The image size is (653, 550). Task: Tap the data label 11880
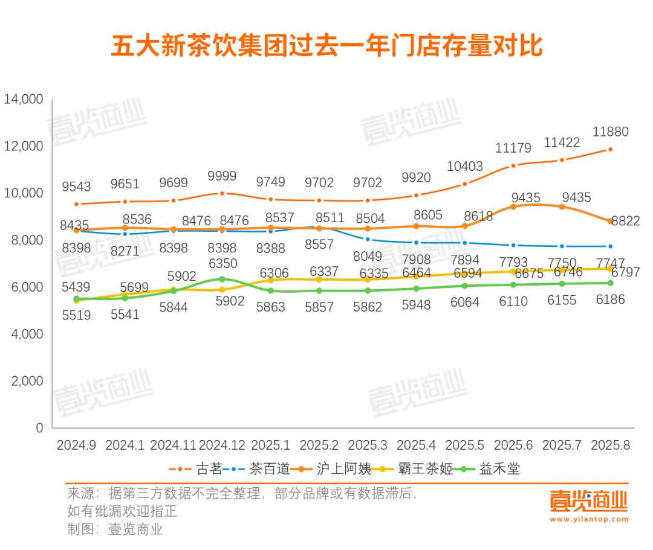[x=610, y=132]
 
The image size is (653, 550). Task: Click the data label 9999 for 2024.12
[x=223, y=176]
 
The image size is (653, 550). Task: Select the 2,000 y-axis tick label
[x=27, y=382]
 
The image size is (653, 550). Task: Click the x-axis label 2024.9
[x=76, y=446]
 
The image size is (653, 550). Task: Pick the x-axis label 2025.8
[x=610, y=446]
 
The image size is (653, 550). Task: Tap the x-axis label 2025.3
[x=368, y=446]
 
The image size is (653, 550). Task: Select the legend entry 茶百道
[x=270, y=469]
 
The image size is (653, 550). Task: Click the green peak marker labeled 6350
[x=223, y=279]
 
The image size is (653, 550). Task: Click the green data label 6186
[x=609, y=299]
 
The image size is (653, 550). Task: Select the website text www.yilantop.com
[x=589, y=519]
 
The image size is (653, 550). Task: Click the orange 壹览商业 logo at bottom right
[x=589, y=500]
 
